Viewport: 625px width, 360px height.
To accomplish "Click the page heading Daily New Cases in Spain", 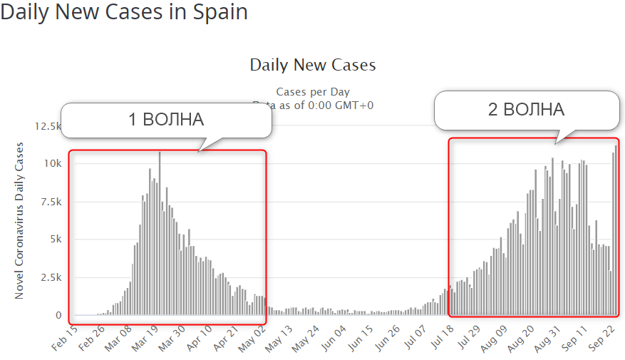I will [x=125, y=14].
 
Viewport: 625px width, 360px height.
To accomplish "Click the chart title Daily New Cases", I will [x=312, y=65].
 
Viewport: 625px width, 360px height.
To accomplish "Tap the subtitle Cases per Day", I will [x=313, y=92].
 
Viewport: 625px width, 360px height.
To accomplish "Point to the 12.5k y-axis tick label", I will [x=48, y=126].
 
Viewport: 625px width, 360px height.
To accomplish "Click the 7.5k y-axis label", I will [x=51, y=202].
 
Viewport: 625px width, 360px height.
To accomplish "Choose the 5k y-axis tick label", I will [x=57, y=240].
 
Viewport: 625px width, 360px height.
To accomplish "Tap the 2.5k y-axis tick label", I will [x=51, y=277].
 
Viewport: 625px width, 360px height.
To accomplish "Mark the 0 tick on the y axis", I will [x=58, y=315].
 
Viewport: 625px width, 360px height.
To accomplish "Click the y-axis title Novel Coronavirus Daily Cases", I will [x=20, y=220].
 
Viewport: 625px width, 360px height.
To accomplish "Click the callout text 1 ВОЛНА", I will [x=165, y=119].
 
